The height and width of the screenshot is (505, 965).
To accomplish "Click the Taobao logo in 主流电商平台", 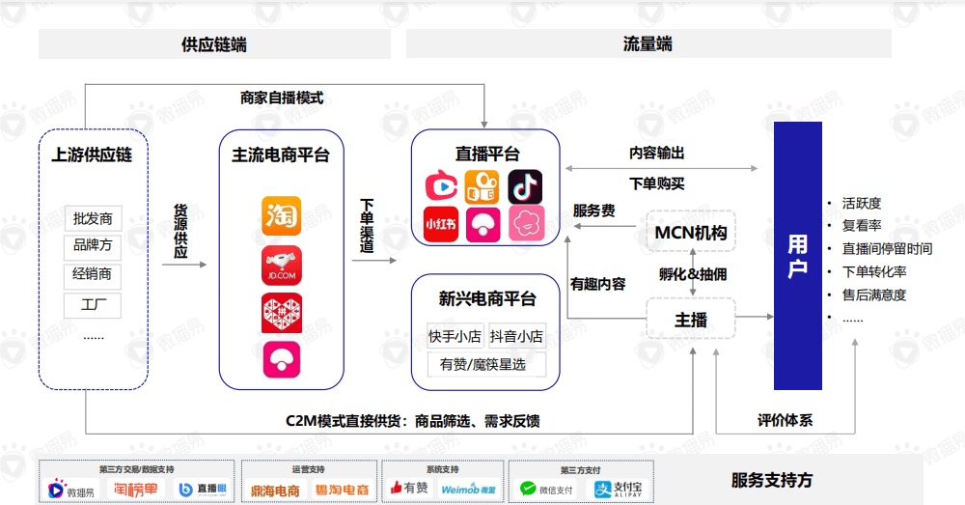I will (281, 215).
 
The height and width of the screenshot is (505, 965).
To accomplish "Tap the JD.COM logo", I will (281, 265).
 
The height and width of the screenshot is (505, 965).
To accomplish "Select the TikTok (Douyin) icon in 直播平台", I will (525, 186).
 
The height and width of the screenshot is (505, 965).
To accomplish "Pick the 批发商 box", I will (93, 219).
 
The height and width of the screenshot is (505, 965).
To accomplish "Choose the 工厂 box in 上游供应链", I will (93, 306).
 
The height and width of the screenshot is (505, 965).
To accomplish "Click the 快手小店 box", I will (455, 336).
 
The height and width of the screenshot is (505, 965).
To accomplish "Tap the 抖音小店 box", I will (516, 336).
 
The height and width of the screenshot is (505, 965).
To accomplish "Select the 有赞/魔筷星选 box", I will (485, 364).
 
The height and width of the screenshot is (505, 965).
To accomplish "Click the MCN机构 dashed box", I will (691, 233).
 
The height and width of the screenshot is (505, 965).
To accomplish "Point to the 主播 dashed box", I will (691, 320).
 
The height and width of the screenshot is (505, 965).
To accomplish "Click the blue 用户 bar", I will (798, 256).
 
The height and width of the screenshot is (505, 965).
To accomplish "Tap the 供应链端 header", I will (214, 44).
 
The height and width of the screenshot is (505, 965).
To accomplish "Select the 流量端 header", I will (648, 44).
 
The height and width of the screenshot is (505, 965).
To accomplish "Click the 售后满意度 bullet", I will (874, 295).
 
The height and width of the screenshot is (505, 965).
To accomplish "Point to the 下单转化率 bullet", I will (874, 271).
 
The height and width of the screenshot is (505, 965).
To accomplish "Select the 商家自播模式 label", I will (281, 98).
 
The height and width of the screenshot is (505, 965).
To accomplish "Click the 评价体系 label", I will (785, 420).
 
